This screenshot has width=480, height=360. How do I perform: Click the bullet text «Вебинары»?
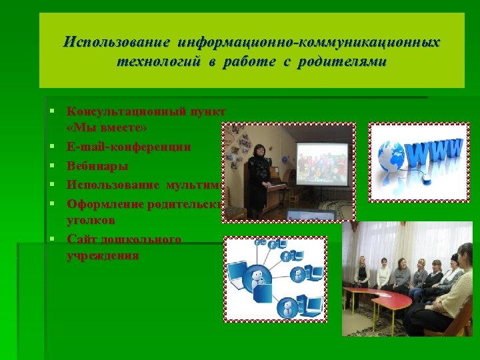point(97,165)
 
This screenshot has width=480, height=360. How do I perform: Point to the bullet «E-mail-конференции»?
point(129,147)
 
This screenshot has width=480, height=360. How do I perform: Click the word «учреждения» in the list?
point(103,255)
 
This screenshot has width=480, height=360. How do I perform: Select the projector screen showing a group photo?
point(322,163)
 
